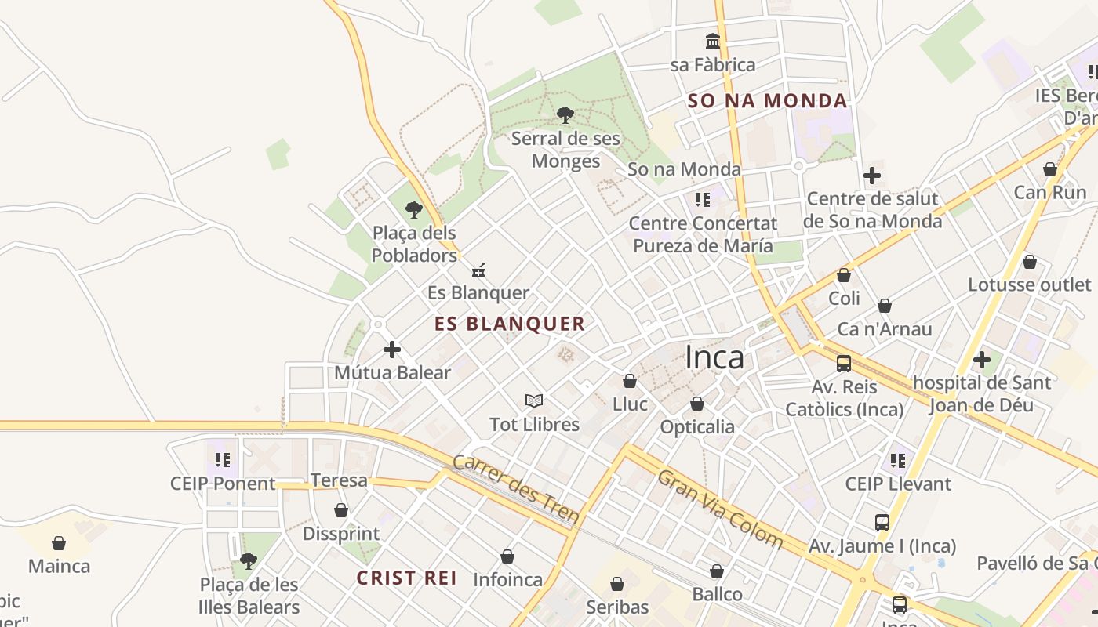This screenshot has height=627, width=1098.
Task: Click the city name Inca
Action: [714, 357]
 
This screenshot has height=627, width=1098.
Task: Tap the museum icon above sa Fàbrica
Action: [713, 41]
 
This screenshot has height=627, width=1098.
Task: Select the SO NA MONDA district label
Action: [767, 100]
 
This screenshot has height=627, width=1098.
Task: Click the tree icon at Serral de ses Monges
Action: [565, 116]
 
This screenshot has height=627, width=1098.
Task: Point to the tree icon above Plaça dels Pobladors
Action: [414, 210]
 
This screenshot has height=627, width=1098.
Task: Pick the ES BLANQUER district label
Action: [510, 324]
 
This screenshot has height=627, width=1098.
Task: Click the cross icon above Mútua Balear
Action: [392, 350]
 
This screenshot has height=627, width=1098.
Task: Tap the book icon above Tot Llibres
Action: [534, 401]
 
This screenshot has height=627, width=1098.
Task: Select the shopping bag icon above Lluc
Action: [630, 382]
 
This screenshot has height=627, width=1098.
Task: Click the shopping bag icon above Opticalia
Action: [697, 404]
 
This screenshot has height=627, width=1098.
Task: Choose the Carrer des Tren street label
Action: [516, 489]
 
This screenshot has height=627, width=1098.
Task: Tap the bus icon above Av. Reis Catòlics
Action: [844, 364]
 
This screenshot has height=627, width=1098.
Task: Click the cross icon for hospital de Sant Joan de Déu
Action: [981, 361]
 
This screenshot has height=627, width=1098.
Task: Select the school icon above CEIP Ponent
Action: [223, 460]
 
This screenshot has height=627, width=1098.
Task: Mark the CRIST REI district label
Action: [406, 578]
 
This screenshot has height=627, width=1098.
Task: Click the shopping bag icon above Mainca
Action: [59, 543]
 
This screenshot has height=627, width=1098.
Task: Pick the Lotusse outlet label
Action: [1029, 285]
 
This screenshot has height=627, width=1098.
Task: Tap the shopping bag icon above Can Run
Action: [1050, 170]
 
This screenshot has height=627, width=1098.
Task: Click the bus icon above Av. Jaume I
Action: [882, 523]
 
